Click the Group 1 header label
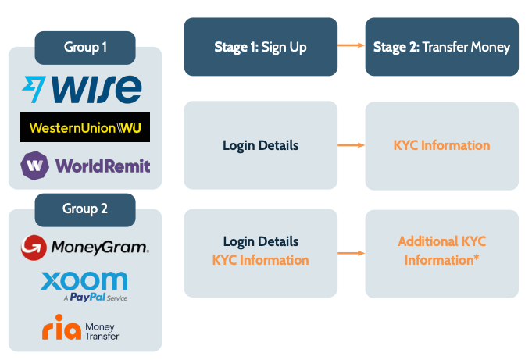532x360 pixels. point(85,48)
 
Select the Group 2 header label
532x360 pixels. point(85,209)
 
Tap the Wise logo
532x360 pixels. point(82,87)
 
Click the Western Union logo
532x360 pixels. point(84,127)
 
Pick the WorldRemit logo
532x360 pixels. point(85,166)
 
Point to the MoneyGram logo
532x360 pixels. point(85,248)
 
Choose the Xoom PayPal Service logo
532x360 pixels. point(84,285)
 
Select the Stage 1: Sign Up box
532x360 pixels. point(260,47)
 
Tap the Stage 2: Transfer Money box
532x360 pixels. point(441,47)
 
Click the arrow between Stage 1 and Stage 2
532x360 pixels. point(351,47)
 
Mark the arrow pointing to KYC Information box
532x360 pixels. point(351,145)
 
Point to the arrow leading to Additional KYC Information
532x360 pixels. point(351,253)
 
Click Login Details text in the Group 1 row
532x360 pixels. point(260,145)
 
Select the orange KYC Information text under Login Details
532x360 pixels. point(260,260)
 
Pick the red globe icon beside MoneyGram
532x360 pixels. point(33,248)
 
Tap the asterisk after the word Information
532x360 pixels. point(477,258)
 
